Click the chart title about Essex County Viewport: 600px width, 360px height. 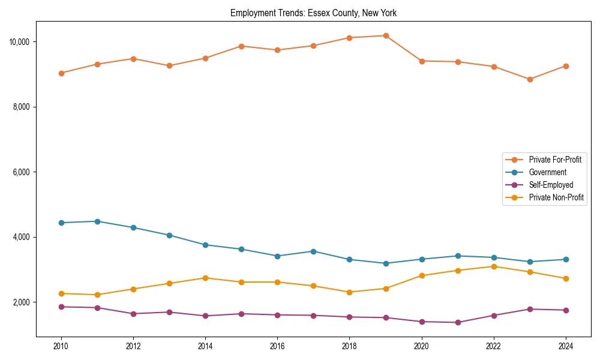[313, 13]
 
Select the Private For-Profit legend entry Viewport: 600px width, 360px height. [555, 160]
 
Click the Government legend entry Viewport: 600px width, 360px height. [547, 172]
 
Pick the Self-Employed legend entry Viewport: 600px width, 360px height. [551, 185]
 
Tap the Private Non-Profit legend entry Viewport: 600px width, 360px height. [556, 197]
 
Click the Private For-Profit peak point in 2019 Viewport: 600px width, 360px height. [386, 35]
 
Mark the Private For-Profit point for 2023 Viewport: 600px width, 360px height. [530, 79]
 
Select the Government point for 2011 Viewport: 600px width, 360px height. [97, 221]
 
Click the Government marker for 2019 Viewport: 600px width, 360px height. [386, 263]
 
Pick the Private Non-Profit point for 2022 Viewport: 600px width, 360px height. [494, 266]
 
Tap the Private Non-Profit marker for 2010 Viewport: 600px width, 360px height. [61, 293]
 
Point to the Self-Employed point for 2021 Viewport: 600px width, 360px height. [458, 322]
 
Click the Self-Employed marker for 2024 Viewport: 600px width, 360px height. [566, 310]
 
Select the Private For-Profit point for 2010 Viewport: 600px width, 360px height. [61, 73]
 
